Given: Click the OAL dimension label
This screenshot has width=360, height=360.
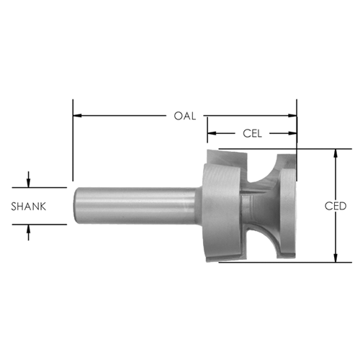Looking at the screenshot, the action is tap(185, 116).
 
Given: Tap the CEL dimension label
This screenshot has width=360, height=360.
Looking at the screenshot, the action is tap(252, 133).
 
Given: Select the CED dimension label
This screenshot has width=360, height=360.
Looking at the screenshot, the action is tap(336, 206).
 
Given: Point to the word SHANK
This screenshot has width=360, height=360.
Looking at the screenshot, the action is tap(29, 207).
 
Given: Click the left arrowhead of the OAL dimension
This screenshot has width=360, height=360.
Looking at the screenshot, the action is tap(77, 116).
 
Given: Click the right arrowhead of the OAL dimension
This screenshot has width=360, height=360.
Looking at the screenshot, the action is tap(292, 116).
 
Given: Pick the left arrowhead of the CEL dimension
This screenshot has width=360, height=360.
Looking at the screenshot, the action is tap(212, 133).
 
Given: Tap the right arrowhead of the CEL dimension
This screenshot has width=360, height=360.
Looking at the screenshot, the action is tap(292, 133).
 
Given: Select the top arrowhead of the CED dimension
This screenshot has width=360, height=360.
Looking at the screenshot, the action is tap(336, 153).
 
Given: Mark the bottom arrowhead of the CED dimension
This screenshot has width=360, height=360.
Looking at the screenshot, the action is tap(336, 258).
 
